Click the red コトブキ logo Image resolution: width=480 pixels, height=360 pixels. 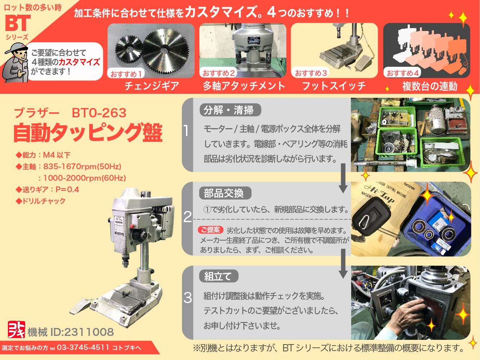pos(17,329)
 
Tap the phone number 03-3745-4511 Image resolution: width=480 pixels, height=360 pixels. pos(83,347)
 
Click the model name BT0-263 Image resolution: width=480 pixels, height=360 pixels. pos(99,113)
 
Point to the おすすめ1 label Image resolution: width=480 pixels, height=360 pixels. pos(126,74)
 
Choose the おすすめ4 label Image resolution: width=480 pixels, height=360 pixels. pos(402,73)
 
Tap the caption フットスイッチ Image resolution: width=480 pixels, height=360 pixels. pos(334,86)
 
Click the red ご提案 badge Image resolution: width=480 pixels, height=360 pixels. pos(210,230)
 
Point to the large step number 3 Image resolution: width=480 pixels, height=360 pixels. pos(187,298)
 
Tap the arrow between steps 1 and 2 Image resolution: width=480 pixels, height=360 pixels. pos(343,178)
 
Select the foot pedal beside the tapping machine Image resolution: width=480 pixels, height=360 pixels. pos(80,306)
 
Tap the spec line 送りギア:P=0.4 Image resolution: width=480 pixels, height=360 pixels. pos(47,189)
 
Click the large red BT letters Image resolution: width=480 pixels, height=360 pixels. pos(18,23)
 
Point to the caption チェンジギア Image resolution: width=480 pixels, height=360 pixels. pos(152,86)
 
